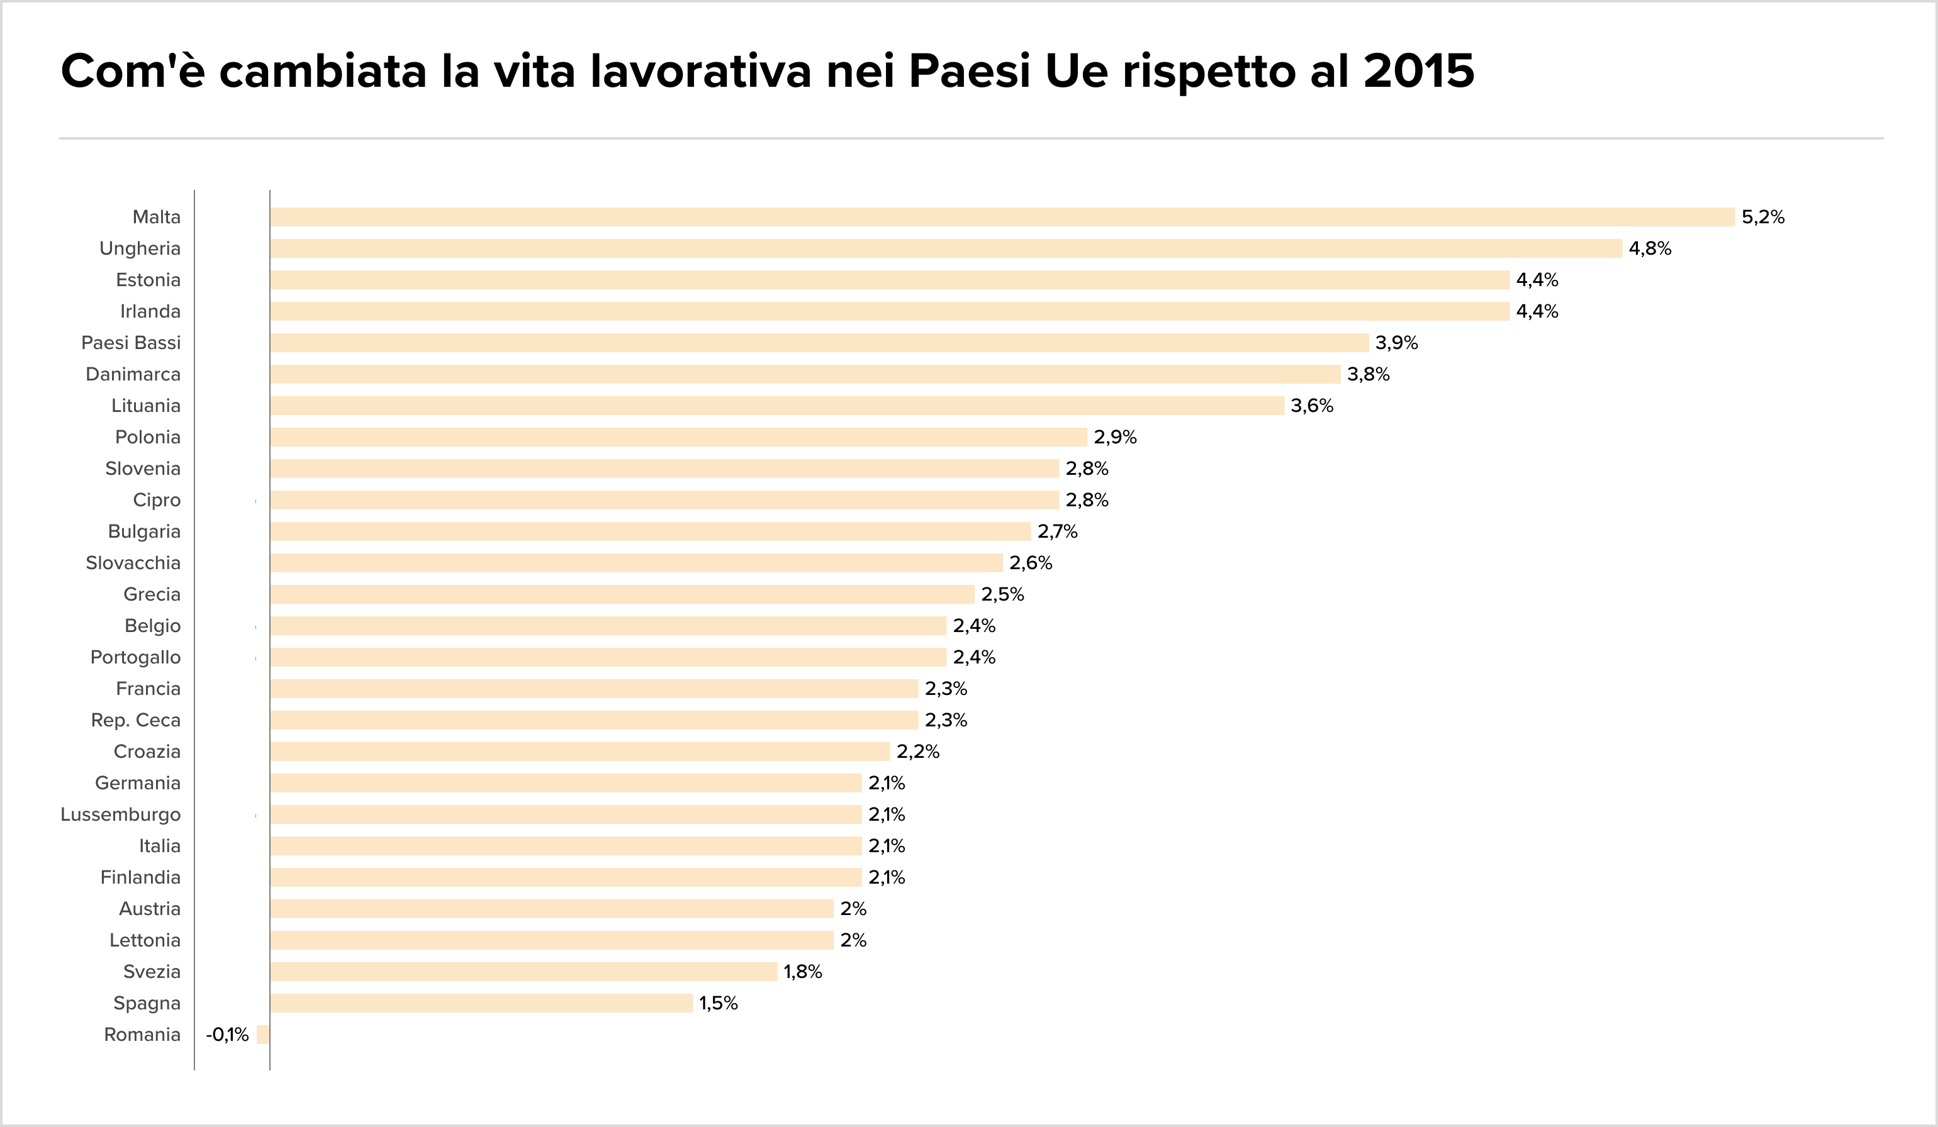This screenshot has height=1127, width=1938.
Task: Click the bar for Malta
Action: click(1002, 217)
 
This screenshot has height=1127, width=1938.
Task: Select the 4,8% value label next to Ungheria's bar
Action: click(1650, 248)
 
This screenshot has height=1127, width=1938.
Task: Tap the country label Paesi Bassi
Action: click(131, 343)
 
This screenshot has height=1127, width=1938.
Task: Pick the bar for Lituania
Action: click(776, 405)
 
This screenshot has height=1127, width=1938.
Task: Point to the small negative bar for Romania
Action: click(263, 1035)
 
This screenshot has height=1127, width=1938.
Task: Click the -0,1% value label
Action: click(227, 1035)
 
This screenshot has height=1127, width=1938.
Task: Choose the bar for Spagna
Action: click(481, 1003)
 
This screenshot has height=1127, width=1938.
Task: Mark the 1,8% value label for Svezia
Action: click(803, 972)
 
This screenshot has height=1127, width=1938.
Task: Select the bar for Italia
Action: click(566, 846)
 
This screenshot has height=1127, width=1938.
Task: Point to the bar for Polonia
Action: click(678, 436)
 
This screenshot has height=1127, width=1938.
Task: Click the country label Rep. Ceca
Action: click(135, 720)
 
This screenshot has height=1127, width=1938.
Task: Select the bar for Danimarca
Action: click(805, 374)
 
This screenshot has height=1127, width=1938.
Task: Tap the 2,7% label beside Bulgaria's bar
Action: click(1058, 531)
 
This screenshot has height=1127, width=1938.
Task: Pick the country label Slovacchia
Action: click(133, 563)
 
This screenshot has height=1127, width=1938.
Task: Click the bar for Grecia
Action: click(622, 594)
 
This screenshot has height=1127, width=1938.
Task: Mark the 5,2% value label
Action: click(1762, 217)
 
